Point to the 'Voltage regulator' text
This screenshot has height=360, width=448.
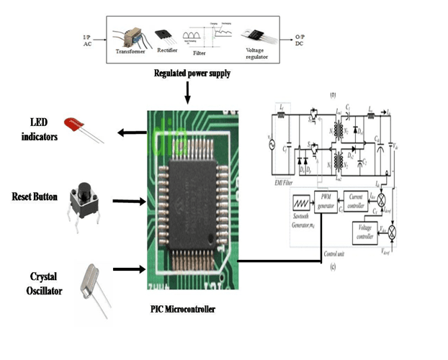point(259,54)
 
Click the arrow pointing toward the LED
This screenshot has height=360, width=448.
point(133,132)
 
